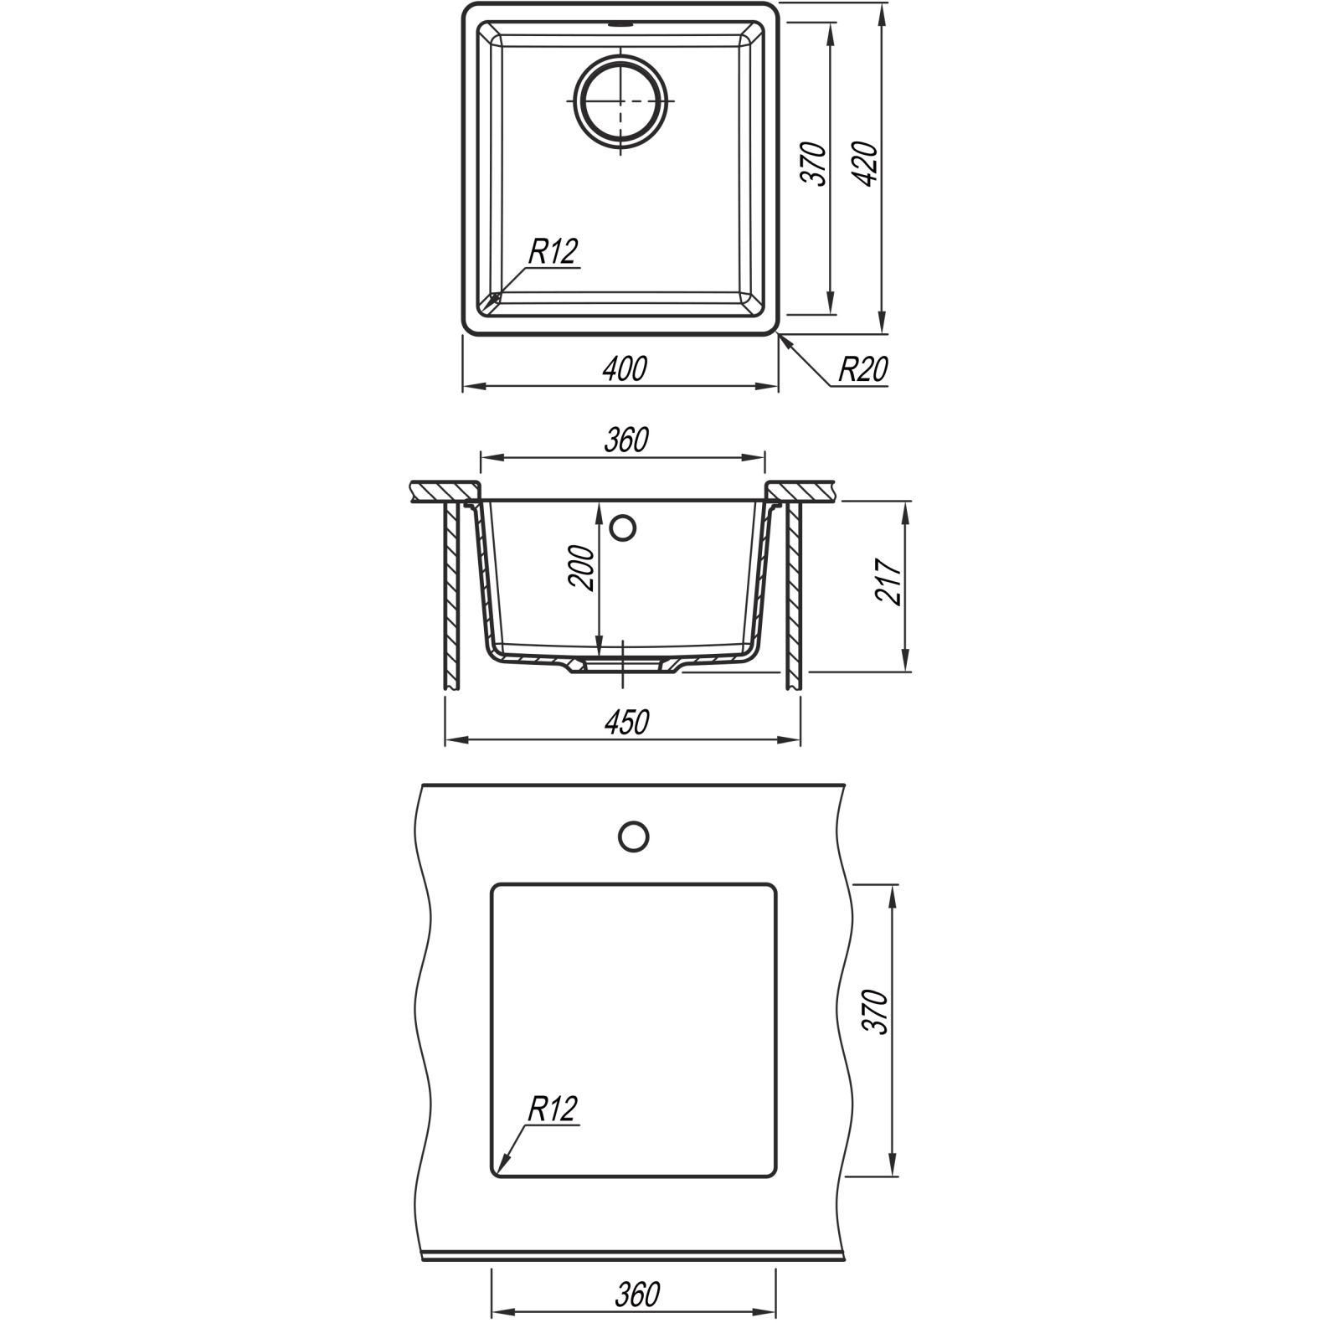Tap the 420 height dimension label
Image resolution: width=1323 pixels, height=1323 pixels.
[x=867, y=164]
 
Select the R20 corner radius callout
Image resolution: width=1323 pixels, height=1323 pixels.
[x=863, y=368]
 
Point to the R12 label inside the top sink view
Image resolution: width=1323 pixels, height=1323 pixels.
[x=553, y=251]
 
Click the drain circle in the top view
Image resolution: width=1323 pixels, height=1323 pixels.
[x=620, y=100]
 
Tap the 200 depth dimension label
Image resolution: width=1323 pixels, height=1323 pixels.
[x=583, y=568]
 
